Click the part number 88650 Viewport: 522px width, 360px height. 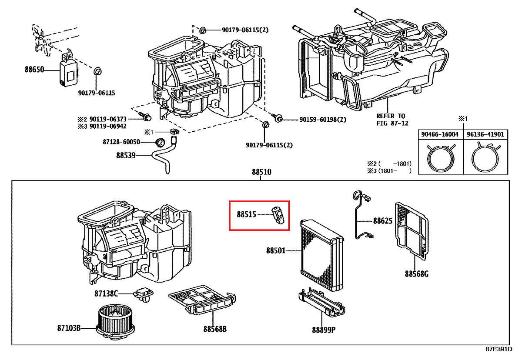point(34,70)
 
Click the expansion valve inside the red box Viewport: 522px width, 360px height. point(278,215)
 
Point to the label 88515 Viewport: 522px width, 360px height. point(246,214)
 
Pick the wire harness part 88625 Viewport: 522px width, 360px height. point(362,215)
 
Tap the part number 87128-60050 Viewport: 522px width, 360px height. point(121,142)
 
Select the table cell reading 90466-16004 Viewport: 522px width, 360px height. point(440,134)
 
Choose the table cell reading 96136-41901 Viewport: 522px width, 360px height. point(485,134)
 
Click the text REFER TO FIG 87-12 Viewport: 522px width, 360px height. point(392,120)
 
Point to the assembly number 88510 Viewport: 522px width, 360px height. point(261,172)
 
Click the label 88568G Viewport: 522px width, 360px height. point(416,274)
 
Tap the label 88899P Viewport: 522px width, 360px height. point(324,330)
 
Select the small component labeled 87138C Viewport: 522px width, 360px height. point(143,295)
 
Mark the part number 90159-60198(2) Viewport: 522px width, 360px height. point(323,120)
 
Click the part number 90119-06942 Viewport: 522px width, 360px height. point(108,126)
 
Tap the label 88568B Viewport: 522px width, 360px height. point(215,329)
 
